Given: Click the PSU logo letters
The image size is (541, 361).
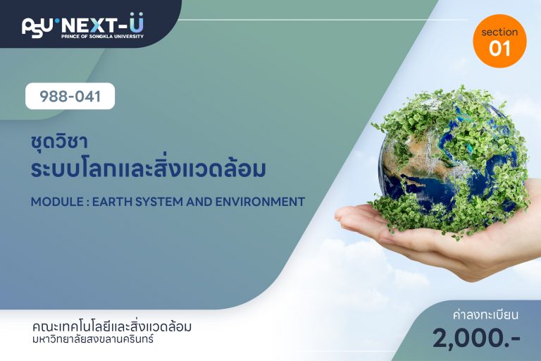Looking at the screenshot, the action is (37, 27).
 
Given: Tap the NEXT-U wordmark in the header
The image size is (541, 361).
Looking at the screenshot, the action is (102, 23).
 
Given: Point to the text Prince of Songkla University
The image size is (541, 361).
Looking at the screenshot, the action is (102, 36).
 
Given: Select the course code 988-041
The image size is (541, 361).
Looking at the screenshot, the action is (70, 97).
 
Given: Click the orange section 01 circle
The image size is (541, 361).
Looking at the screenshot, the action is (499, 41).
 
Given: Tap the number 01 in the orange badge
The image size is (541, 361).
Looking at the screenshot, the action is (499, 48).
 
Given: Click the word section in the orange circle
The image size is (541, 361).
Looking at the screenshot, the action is (499, 32).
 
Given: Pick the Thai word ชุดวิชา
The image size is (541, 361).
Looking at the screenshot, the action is (58, 141).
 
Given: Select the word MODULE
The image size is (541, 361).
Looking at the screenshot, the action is (57, 202).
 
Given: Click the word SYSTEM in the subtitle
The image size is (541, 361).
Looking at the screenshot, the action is (158, 202).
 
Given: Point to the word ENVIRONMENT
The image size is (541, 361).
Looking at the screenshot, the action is (260, 202).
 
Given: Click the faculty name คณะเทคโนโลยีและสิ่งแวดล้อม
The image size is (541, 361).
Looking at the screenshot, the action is (112, 326).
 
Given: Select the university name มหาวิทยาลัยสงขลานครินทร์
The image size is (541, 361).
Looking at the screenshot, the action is (93, 339).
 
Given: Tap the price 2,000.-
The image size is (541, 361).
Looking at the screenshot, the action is (476, 338).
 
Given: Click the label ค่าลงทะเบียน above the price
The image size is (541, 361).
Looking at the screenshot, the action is (485, 314).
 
